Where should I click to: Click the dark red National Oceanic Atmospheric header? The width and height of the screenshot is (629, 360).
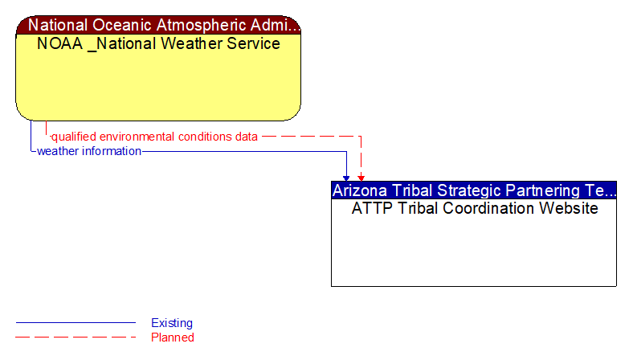click(x=158, y=25)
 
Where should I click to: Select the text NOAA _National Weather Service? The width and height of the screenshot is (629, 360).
click(x=158, y=43)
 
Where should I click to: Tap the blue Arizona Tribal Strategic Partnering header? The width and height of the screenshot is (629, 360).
click(x=473, y=190)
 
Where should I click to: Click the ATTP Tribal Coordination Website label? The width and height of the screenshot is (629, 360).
click(x=474, y=208)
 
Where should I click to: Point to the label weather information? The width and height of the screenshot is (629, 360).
click(x=89, y=151)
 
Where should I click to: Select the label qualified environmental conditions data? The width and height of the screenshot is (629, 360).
click(x=155, y=137)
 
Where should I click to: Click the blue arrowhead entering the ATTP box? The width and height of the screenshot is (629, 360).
click(x=347, y=177)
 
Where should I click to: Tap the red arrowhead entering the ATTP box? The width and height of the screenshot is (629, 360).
click(x=361, y=177)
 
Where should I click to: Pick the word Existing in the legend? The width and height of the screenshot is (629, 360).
click(x=172, y=323)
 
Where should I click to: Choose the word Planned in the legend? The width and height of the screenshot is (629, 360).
click(x=173, y=337)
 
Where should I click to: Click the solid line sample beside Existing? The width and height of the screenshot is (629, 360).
click(x=76, y=323)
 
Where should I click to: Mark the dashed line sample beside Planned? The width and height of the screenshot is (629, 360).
click(x=76, y=337)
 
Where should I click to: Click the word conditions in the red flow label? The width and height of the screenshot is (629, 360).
click(x=205, y=137)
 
